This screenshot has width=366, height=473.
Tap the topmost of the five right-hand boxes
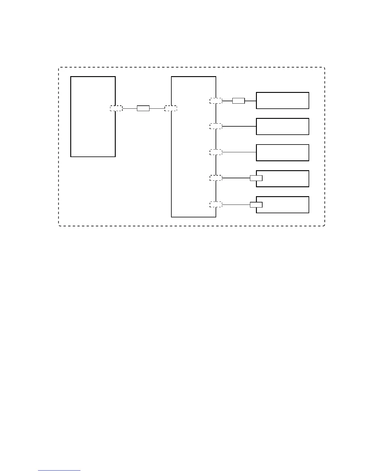click(x=282, y=101)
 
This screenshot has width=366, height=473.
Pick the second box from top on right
click(x=282, y=126)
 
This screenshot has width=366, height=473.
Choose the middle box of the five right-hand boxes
click(x=282, y=153)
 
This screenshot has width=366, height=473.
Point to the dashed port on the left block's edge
click(x=116, y=108)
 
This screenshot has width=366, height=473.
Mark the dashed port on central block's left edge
click(x=171, y=108)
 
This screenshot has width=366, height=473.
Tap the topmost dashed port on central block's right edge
click(x=216, y=101)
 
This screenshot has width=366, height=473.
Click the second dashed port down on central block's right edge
click(x=216, y=126)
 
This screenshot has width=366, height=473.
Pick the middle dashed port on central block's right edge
click(x=216, y=152)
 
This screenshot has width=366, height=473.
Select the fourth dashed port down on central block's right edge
click(x=216, y=178)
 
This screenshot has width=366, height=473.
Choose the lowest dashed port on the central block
click(x=216, y=205)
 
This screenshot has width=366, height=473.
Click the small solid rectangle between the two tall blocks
click(x=143, y=108)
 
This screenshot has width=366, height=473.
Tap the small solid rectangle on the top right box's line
click(x=238, y=101)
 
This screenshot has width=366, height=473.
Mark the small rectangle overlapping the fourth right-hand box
click(x=256, y=178)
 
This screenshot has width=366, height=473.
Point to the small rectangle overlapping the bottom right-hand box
click(x=256, y=205)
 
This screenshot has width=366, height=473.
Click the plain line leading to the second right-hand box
click(x=239, y=126)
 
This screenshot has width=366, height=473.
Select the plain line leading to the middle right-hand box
click(x=239, y=152)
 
